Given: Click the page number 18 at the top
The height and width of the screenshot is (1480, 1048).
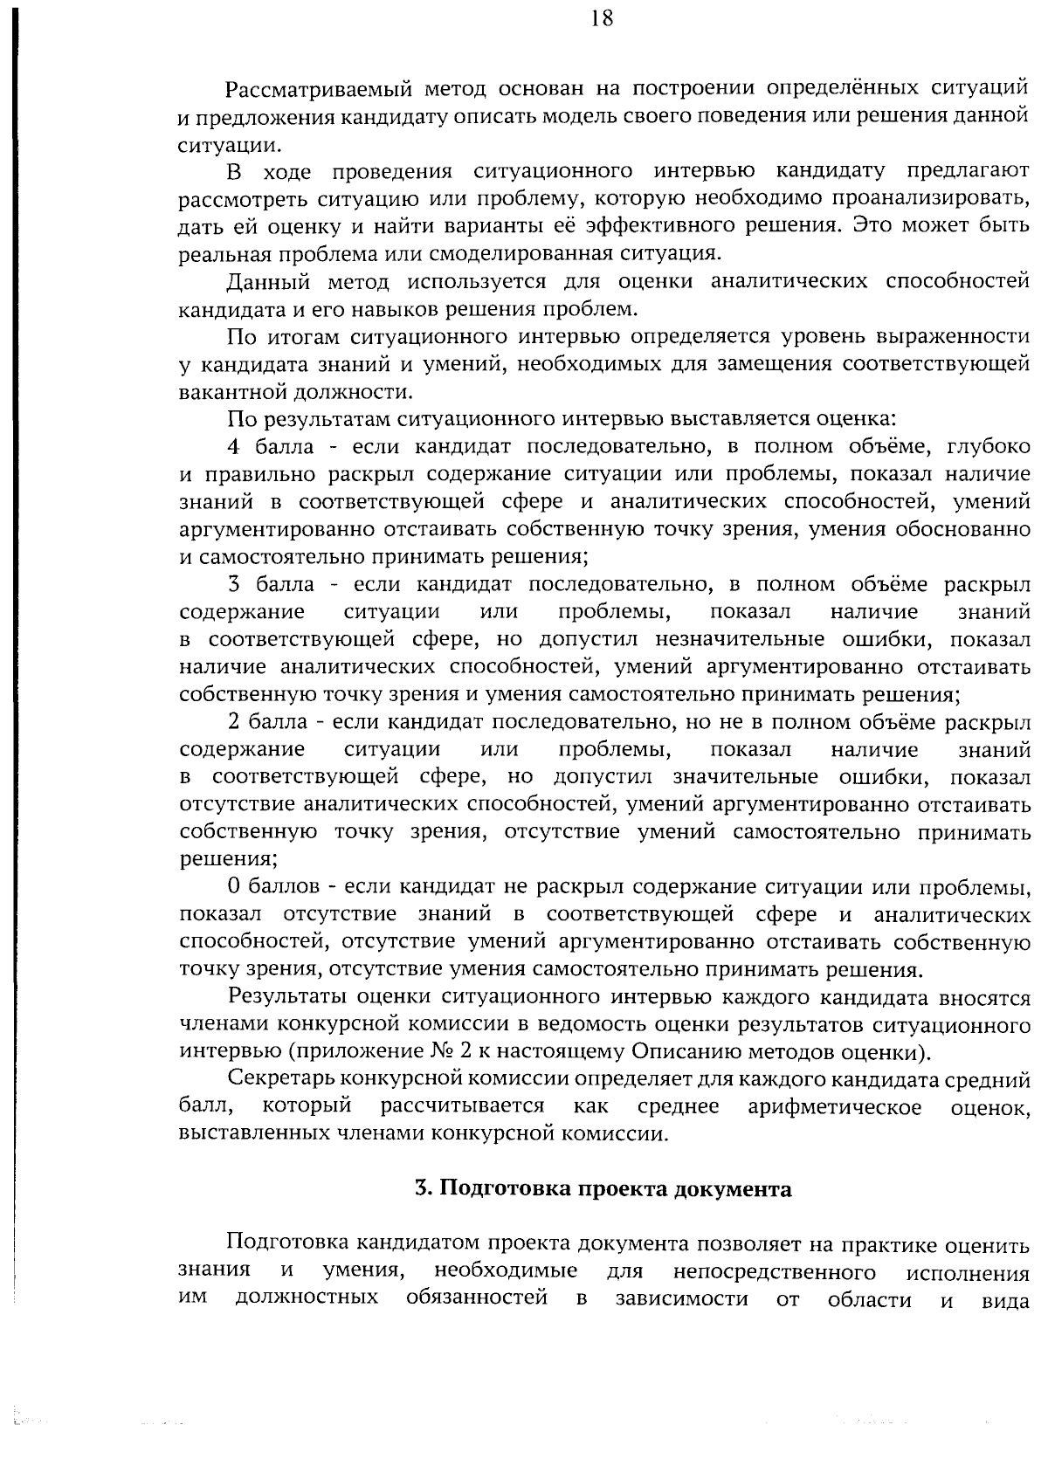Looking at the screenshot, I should tap(601, 19).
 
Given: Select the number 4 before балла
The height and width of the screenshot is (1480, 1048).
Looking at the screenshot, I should tap(233, 446).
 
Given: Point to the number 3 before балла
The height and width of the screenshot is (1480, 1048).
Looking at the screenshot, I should tap(233, 584).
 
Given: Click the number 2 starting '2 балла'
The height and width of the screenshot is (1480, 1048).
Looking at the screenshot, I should tap(233, 722).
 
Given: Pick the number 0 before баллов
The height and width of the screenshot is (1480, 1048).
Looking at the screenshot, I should tap(233, 887).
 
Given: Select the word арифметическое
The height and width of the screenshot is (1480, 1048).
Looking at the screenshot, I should tap(835, 1107).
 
